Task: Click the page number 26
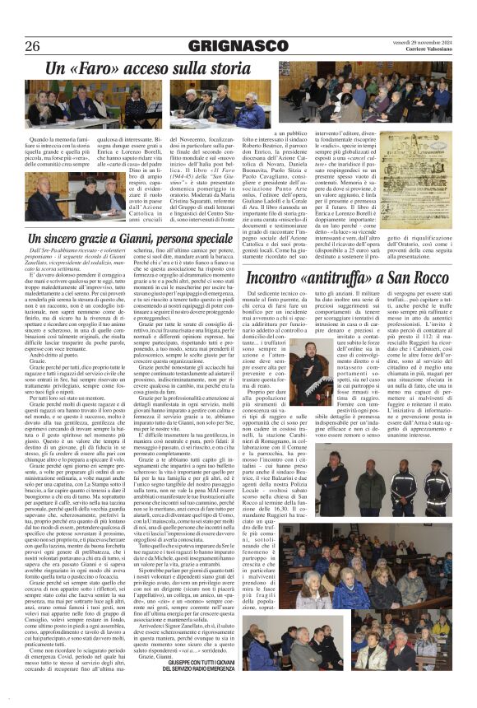[x=33, y=46]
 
